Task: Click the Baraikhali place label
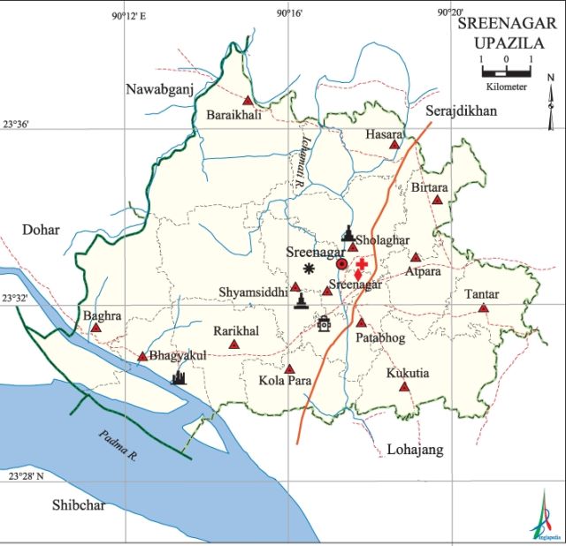pos(233,115)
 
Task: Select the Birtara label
pos(430,188)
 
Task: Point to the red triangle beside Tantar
pos(483,308)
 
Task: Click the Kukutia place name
pos(408,374)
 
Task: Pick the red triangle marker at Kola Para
pos(289,368)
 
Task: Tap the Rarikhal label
pos(236,330)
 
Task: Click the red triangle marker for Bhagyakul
pos(142,357)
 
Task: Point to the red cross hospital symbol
pos(362,264)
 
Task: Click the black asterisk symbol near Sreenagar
pos(309,269)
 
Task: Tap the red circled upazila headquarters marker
pos(342,263)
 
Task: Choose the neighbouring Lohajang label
pos(416,451)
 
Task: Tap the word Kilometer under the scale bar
pos(506,87)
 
